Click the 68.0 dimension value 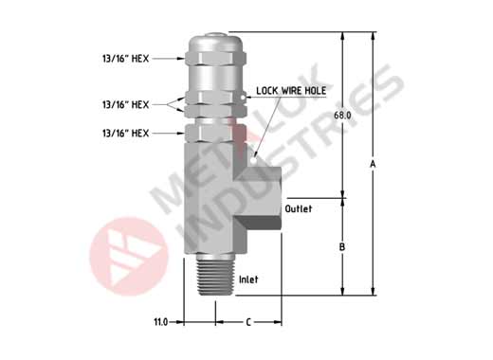[342, 116]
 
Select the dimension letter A [373, 164]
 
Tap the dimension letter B [342, 246]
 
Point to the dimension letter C [248, 322]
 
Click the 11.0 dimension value [160, 322]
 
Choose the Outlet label [299, 208]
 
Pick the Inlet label [248, 279]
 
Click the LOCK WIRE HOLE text [291, 91]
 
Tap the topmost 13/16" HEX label [125, 59]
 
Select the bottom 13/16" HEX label [125, 133]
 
